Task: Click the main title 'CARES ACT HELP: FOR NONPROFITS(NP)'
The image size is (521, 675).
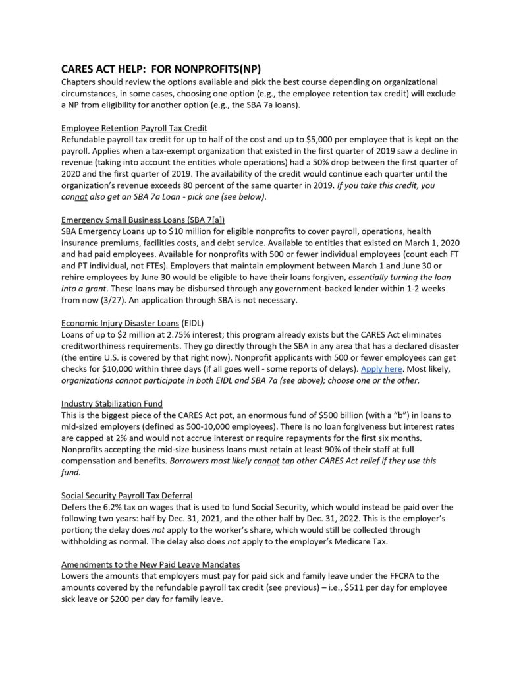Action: point(161,68)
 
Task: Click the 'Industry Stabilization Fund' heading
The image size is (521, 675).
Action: point(112,403)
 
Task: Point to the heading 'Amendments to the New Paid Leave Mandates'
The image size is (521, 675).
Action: point(151,564)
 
